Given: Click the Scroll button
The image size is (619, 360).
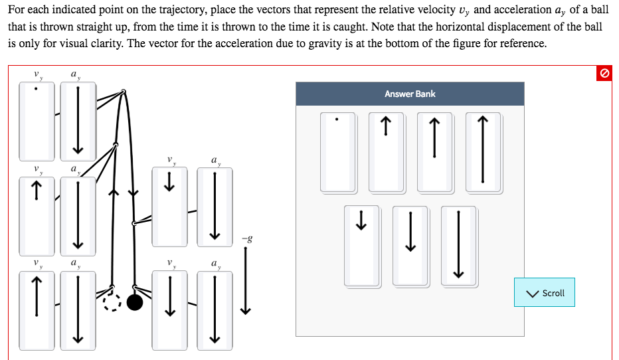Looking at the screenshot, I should coord(545,293).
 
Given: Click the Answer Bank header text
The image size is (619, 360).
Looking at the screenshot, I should coord(410,94).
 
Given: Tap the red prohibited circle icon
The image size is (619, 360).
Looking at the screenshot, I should coord(604,74).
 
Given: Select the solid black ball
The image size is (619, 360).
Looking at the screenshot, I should coord(135,303).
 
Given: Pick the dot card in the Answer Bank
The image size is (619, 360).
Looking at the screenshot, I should coord(337,151).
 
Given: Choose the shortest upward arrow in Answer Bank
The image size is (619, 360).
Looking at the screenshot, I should coord(386,151).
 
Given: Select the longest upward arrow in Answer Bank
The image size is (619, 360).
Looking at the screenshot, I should coord(482,151).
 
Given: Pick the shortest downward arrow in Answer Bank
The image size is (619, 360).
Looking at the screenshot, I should coord(362,246).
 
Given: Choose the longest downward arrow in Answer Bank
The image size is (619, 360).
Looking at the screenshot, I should coord(458,246).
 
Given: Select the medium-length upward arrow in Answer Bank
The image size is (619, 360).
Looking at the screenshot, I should coord(434,151).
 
